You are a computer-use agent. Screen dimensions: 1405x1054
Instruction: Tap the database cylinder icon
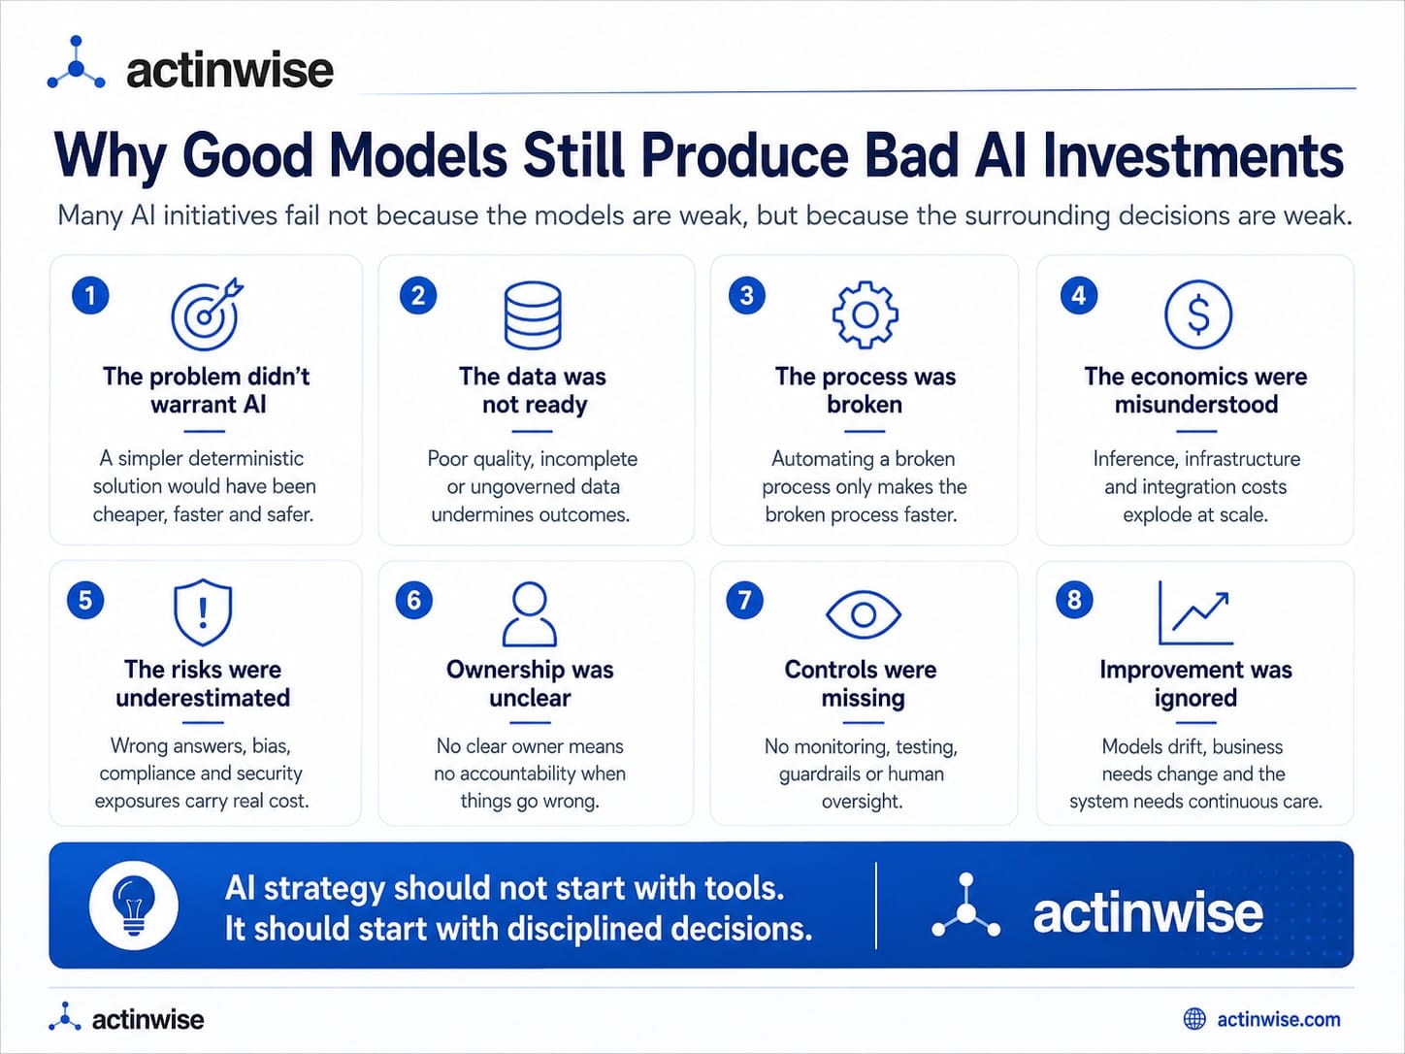tap(533, 314)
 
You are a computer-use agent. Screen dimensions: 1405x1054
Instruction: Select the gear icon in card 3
tap(865, 314)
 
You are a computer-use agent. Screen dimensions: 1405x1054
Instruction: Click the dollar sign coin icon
tap(1197, 314)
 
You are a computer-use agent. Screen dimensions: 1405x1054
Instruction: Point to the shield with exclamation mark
tap(203, 612)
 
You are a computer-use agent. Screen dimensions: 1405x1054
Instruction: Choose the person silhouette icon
tap(530, 613)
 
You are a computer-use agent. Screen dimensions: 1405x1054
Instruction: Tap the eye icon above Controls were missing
tap(864, 614)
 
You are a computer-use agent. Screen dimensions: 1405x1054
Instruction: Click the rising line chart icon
tap(1195, 613)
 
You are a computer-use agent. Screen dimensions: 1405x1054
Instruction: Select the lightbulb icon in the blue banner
tap(134, 905)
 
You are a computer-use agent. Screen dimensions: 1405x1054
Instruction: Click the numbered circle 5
tap(85, 600)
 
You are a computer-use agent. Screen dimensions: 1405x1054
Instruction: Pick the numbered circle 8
tap(1074, 600)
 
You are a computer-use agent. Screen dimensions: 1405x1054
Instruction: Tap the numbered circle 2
tap(418, 296)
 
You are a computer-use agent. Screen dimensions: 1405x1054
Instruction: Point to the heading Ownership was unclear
tap(530, 683)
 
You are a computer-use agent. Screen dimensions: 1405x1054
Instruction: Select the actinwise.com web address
tap(1278, 1020)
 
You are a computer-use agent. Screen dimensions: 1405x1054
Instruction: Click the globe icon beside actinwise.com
tap(1194, 1019)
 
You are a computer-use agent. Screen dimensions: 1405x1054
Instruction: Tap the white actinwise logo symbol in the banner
tap(965, 906)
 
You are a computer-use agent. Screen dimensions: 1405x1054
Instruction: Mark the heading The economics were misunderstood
tap(1195, 390)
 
